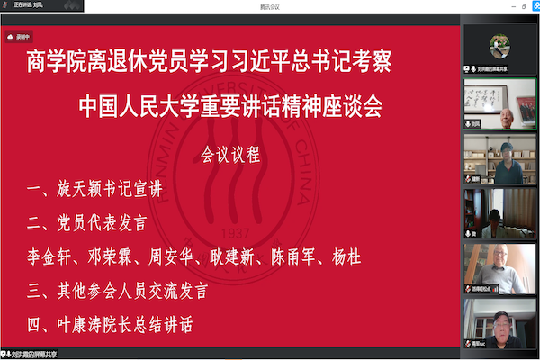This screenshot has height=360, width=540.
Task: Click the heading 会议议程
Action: pos(230,155)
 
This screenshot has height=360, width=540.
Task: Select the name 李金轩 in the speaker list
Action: pos(51,257)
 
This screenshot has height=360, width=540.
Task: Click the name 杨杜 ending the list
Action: pos(349,257)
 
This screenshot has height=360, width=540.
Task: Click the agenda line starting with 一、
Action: pos(99,190)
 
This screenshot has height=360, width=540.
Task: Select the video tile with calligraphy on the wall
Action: pos(499,104)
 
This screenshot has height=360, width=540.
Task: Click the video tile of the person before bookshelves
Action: pos(499,159)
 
